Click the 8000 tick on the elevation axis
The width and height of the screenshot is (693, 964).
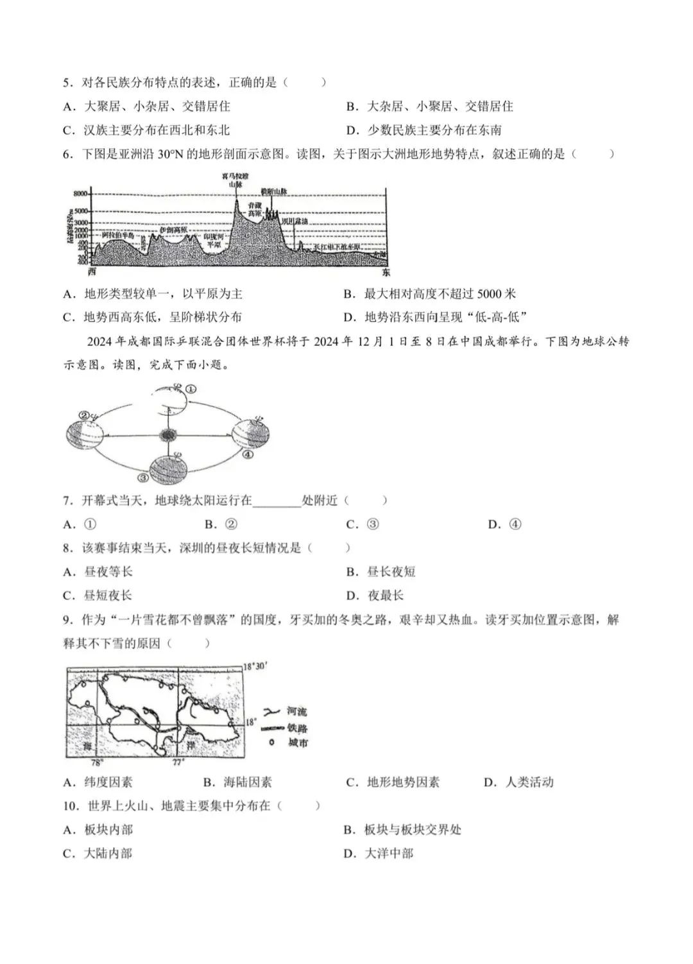coord(81,193)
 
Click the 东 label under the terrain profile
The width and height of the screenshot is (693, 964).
coord(385,272)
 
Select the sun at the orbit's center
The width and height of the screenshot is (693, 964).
coord(168,435)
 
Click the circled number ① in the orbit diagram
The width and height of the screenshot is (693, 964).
coord(191,389)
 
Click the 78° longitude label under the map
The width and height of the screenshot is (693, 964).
coord(97,763)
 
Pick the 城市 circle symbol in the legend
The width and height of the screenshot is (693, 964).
coord(271,743)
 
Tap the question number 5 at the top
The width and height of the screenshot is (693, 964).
coord(66,83)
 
